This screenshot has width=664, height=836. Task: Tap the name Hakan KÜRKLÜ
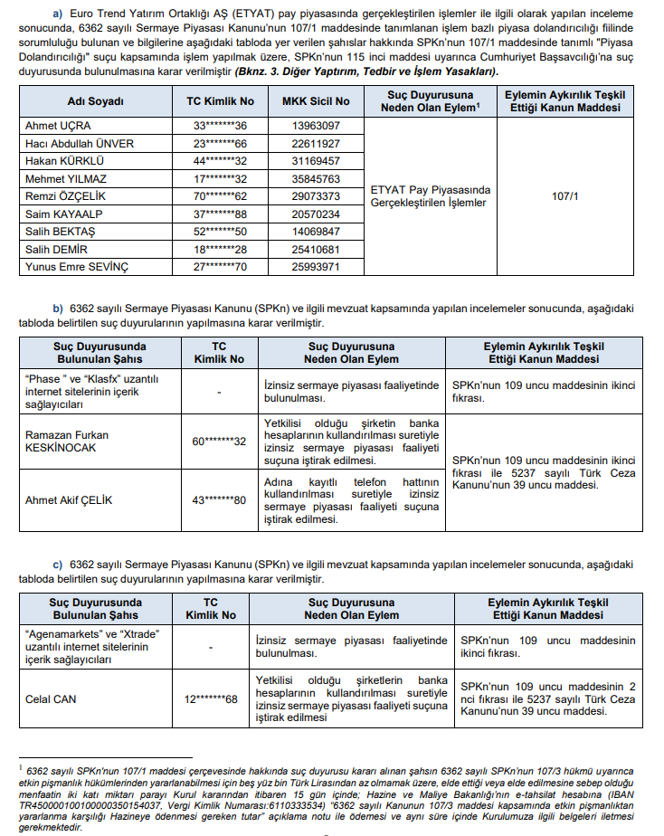click(x=62, y=160)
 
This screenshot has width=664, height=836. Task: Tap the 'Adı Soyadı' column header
click(x=95, y=100)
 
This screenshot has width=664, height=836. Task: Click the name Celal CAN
click(x=52, y=698)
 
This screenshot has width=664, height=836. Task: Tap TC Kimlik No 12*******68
click(x=211, y=698)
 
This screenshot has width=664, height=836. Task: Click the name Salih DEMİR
click(x=57, y=249)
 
